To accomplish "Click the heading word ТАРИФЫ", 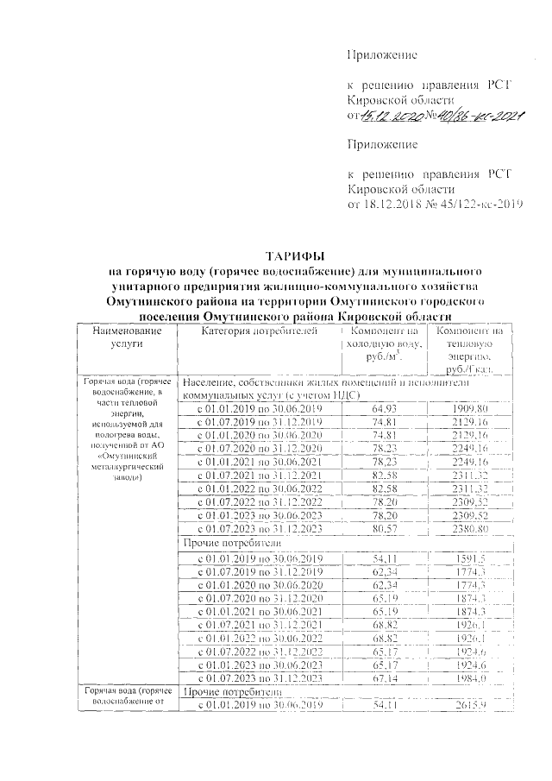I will click(295, 256).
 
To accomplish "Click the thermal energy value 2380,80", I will click(470, 528).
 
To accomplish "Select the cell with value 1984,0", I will click(470, 679).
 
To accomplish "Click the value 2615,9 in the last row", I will click(470, 706).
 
